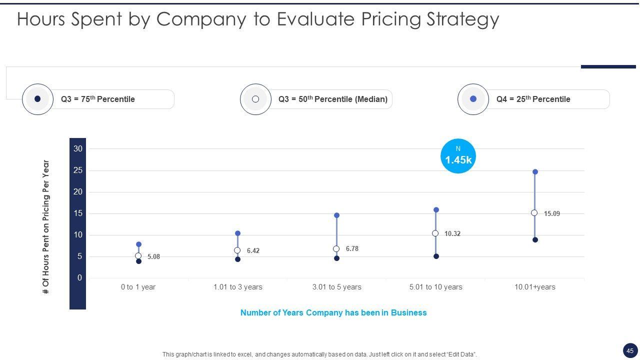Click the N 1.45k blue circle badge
click(458, 156)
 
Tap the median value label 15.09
click(552, 213)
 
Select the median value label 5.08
click(153, 256)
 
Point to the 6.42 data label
click(253, 250)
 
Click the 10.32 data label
click(452, 233)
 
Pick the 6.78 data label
click(352, 248)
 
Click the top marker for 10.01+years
click(535, 172)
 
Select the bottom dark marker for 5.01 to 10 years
click(436, 256)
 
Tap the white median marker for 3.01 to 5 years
click(336, 249)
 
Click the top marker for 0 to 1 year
click(138, 244)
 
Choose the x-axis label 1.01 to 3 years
click(237, 287)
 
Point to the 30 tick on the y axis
click(78, 148)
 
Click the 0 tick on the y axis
click(79, 278)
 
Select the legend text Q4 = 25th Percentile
click(533, 99)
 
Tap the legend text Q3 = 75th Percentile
click(98, 99)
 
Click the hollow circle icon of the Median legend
click(255, 99)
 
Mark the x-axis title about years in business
click(333, 312)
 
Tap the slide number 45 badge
click(630, 350)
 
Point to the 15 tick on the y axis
click(78, 213)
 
